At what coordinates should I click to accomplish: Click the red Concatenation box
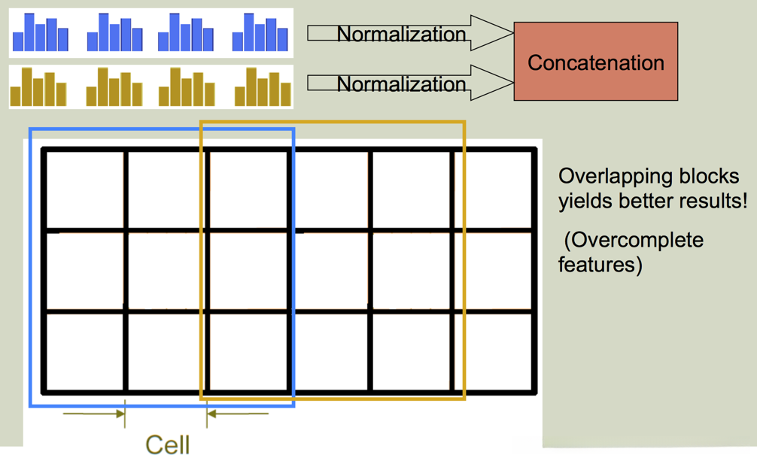pyautogui.click(x=595, y=62)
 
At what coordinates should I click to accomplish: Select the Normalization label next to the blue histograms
pyautogui.click(x=401, y=34)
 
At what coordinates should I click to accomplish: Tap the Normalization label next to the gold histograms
pyautogui.click(x=401, y=83)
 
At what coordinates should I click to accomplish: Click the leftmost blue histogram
pyautogui.click(x=40, y=34)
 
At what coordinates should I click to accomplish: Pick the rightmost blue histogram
pyautogui.click(x=260, y=34)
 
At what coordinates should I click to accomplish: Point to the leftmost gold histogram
pyautogui.click(x=38, y=88)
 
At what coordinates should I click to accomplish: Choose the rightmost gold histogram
pyautogui.click(x=262, y=88)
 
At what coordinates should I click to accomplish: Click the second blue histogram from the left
pyautogui.click(x=114, y=34)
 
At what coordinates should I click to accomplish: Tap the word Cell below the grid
pyautogui.click(x=167, y=444)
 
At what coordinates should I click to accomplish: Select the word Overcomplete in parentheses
pyautogui.click(x=637, y=240)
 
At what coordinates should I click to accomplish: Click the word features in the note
pyautogui.click(x=594, y=265)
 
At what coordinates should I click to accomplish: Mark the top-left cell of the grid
pyautogui.click(x=85, y=190)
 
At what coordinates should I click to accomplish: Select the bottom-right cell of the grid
pyautogui.click(x=494, y=351)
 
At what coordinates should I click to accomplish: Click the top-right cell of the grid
pyautogui.click(x=494, y=190)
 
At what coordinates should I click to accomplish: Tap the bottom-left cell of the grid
pyautogui.click(x=85, y=351)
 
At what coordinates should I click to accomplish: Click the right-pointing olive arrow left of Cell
pyautogui.click(x=94, y=414)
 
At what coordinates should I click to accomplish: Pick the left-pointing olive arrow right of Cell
pyautogui.click(x=237, y=414)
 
